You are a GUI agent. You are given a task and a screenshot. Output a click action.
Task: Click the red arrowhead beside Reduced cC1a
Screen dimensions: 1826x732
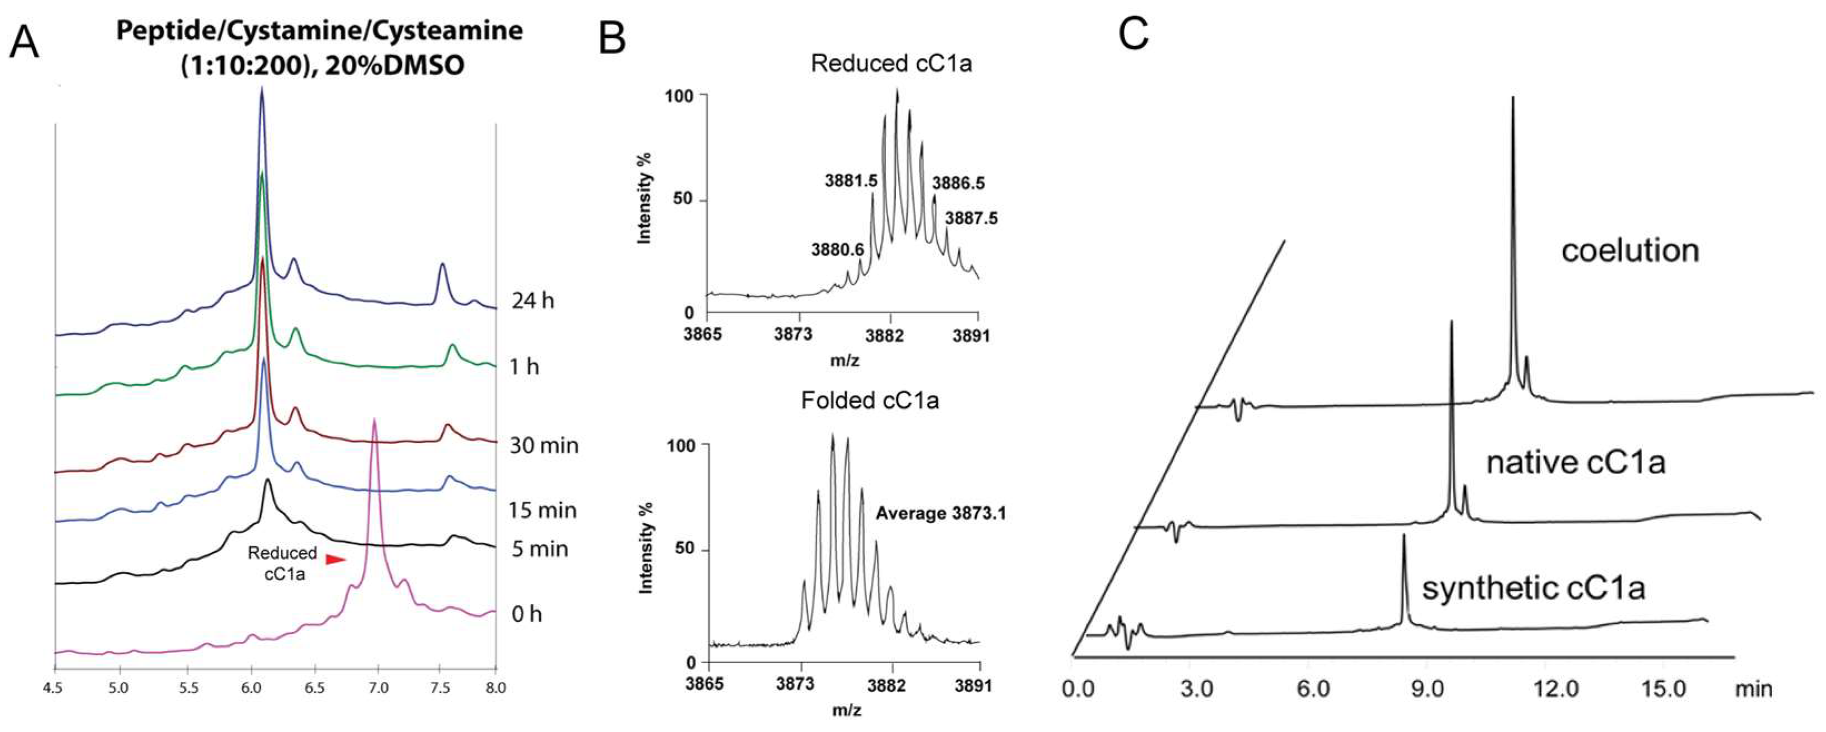click(x=335, y=560)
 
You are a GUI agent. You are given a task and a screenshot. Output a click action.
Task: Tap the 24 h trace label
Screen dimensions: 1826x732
click(x=533, y=301)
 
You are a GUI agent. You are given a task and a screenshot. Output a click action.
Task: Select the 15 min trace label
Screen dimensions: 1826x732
click(x=543, y=510)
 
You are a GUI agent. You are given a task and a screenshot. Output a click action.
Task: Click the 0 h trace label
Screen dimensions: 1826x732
click(x=526, y=614)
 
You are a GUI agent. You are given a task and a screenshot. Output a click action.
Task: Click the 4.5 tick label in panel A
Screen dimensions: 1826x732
click(x=54, y=688)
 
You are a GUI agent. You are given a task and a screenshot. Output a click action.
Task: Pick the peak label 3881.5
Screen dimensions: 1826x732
click(x=850, y=181)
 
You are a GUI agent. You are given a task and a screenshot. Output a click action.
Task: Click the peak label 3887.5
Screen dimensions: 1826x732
click(x=971, y=218)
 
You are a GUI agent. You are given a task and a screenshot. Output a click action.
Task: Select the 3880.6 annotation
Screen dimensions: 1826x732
click(x=838, y=250)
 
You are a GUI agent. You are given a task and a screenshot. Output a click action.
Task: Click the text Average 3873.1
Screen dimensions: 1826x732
click(x=941, y=513)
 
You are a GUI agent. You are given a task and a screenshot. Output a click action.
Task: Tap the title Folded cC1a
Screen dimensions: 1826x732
click(x=870, y=401)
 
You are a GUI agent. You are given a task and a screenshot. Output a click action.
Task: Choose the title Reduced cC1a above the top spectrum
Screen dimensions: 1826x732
click(x=891, y=64)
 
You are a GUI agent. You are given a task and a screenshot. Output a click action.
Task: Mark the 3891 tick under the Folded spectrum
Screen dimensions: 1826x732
click(x=979, y=686)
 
